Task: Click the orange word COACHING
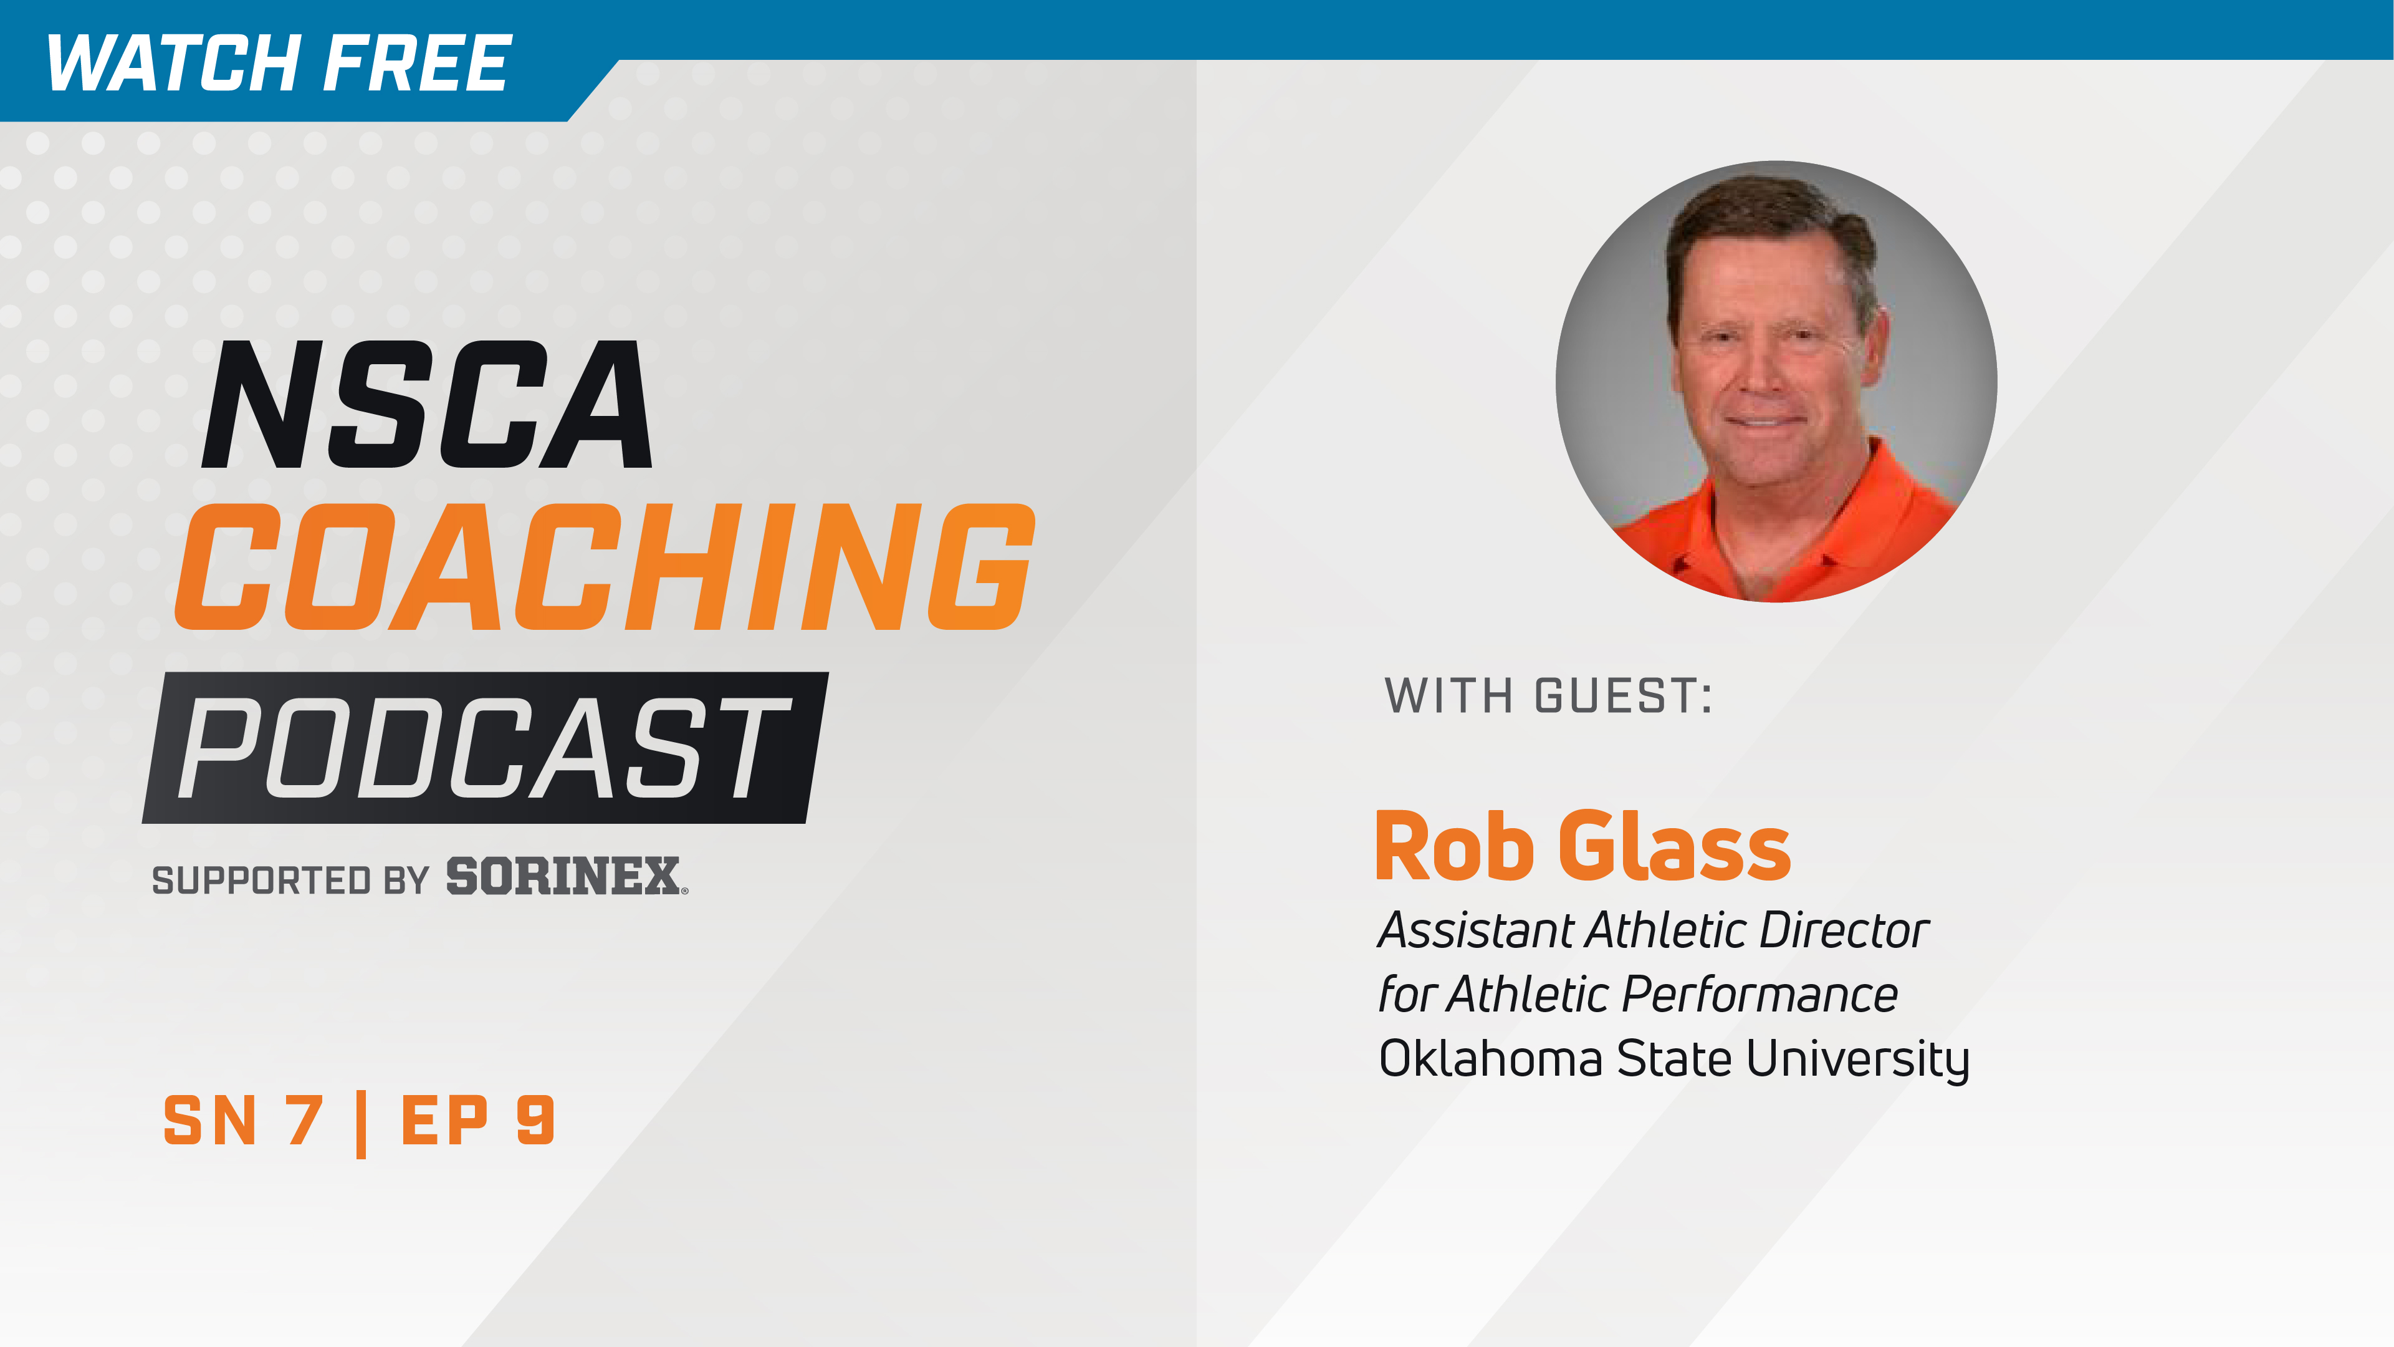[604, 567]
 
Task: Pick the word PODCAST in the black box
[483, 748]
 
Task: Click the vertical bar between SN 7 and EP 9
[361, 1124]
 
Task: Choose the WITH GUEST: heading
[1548, 695]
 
